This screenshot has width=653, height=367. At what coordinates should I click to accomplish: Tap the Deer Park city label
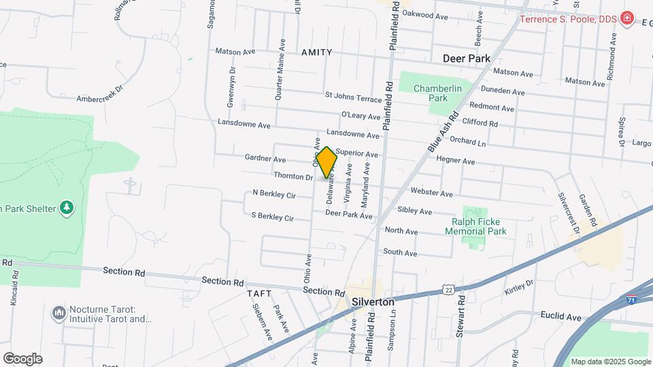click(467, 58)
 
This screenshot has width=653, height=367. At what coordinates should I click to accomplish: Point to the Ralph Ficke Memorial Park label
click(475, 226)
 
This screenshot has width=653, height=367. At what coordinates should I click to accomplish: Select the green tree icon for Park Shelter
click(66, 207)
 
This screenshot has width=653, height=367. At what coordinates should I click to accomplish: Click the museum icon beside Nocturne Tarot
click(58, 313)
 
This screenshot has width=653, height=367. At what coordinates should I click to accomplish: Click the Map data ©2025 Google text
click(610, 362)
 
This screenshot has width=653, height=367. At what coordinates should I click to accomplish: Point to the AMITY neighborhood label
click(313, 52)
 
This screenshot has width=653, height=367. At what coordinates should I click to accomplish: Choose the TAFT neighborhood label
click(261, 294)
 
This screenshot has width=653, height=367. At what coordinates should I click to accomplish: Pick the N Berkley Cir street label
click(273, 195)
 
